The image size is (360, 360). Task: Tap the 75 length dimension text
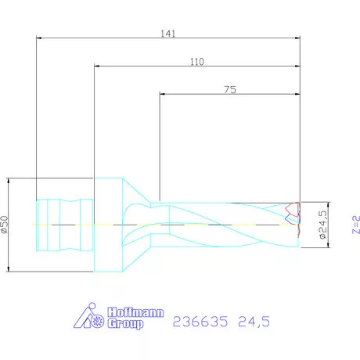coord(230,90)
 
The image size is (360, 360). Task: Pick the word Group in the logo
coord(126,323)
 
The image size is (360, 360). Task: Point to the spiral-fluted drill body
coord(227,225)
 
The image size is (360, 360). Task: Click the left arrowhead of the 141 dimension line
coord(39,37)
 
